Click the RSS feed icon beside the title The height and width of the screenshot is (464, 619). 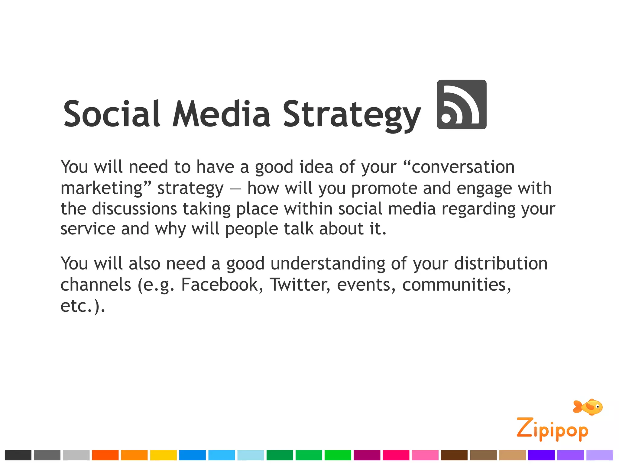coord(462,105)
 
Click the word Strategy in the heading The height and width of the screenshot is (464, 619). coord(352,115)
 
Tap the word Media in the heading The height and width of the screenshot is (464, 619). coord(221,114)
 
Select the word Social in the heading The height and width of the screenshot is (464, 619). coord(112,114)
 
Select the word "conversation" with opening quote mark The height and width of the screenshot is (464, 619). coord(459,167)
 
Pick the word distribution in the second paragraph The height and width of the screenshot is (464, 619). coord(501,263)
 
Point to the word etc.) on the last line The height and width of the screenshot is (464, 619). coord(83,306)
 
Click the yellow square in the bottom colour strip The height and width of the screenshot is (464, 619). coord(163,455)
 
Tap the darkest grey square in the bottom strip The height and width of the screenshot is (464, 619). coord(18,455)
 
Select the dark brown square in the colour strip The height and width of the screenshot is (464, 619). coord(454,455)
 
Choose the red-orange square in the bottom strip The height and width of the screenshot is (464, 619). coord(105,455)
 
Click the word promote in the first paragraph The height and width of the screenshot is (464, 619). coord(384,188)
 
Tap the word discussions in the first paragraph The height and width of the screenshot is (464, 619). coord(134,209)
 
